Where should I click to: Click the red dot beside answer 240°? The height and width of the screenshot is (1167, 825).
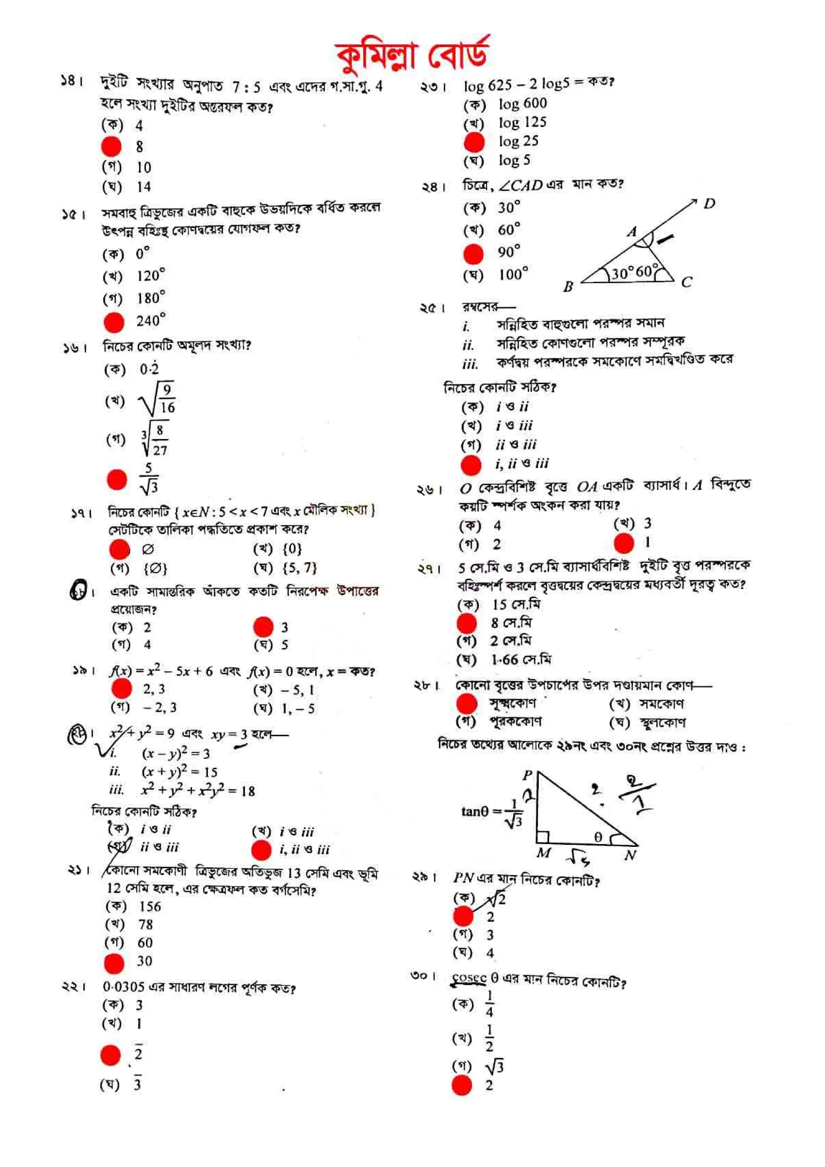tap(114, 322)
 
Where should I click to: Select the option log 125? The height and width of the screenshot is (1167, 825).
tap(522, 122)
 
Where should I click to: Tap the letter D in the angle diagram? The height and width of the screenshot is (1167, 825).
tap(709, 204)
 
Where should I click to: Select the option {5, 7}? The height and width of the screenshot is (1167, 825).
tap(300, 568)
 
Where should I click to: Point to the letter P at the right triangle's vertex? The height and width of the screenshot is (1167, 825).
tap(527, 775)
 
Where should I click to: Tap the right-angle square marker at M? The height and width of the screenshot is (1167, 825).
tap(542, 836)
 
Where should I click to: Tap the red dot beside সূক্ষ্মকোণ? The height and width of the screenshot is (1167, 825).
tap(466, 704)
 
